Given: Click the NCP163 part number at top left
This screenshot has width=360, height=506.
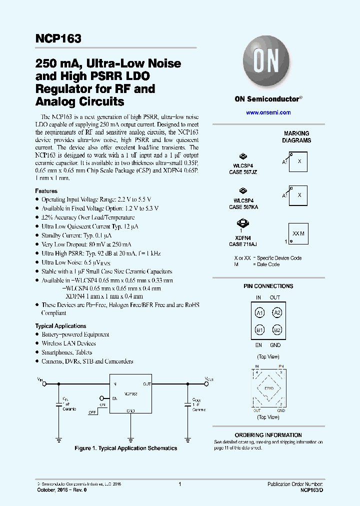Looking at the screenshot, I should coord(58,39).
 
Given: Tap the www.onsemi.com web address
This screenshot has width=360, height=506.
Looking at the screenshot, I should coord(268,112).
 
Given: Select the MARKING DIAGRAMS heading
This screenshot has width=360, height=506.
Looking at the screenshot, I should coord(296,137).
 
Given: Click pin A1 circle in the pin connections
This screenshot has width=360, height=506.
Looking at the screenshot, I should coord(259,313).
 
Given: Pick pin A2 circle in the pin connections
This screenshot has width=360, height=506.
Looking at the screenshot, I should coord(276,313).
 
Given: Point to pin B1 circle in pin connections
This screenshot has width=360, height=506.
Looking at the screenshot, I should coord(259,330).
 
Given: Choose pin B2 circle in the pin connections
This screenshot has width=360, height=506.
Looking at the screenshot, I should coord(276,330).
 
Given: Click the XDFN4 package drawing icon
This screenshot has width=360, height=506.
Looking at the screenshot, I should coord(242,224).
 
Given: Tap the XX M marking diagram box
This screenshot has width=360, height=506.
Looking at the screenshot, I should coord(297,233).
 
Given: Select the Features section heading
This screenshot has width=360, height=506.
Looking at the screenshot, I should coord(46,191).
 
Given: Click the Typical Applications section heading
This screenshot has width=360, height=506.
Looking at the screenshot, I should coord(60,326).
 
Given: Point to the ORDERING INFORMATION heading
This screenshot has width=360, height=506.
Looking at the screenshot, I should coord(268,435).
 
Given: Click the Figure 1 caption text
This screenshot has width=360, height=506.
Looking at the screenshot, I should coord(125,448).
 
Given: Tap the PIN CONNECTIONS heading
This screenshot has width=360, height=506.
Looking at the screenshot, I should coord(268,286).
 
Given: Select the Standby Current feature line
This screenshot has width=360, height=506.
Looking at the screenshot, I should coord(76,235).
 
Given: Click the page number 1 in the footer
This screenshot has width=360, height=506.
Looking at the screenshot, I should coord(179,484).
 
